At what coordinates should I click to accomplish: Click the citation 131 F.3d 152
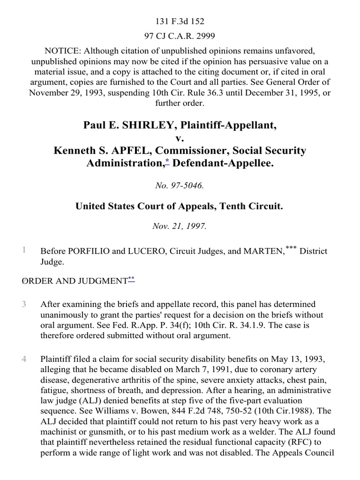click(x=180, y=21)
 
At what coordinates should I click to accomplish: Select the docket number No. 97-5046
click(x=180, y=186)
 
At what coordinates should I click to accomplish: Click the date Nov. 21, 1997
click(x=180, y=225)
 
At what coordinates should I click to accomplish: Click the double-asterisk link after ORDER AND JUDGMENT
click(x=131, y=279)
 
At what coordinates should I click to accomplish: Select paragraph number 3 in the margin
click(x=24, y=305)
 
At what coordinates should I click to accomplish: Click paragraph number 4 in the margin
click(x=24, y=360)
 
